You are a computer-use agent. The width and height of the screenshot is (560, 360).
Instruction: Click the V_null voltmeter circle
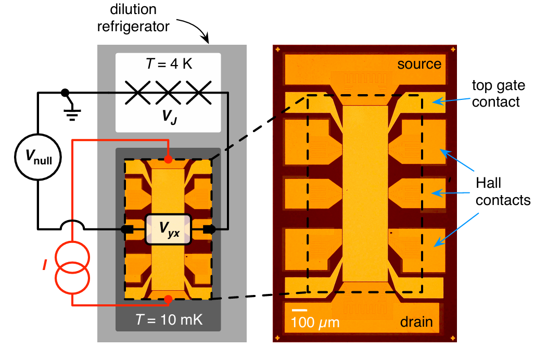coord(38,157)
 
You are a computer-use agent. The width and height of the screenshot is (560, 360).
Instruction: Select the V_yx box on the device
coord(168,229)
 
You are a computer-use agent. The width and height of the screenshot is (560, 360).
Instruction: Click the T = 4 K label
coord(169,64)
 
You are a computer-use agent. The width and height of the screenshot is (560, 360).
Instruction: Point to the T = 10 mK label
coord(169,319)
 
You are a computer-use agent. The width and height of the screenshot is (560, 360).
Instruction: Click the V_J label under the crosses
coord(169,117)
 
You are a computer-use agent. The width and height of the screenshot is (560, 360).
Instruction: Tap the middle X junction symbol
coord(168,93)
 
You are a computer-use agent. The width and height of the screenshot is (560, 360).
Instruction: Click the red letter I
coord(45,265)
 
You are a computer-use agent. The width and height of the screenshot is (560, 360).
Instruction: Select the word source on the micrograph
coord(419,64)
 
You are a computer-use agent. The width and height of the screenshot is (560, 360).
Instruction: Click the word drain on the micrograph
coord(416,322)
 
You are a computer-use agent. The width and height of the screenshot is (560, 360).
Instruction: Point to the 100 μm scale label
coord(315,323)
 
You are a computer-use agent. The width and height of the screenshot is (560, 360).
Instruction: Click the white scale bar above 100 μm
coord(299,310)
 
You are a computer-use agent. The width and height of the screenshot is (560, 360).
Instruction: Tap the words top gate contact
coord(499,94)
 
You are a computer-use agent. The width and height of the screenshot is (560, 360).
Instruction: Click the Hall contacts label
coord(503,191)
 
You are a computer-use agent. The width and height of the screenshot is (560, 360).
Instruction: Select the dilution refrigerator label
coord(133,18)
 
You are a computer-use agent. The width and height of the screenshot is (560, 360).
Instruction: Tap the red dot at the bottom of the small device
coord(168,299)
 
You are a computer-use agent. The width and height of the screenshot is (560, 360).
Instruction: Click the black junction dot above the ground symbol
coord(65,93)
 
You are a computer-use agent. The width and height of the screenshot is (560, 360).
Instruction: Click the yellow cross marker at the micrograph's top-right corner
coord(453,49)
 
